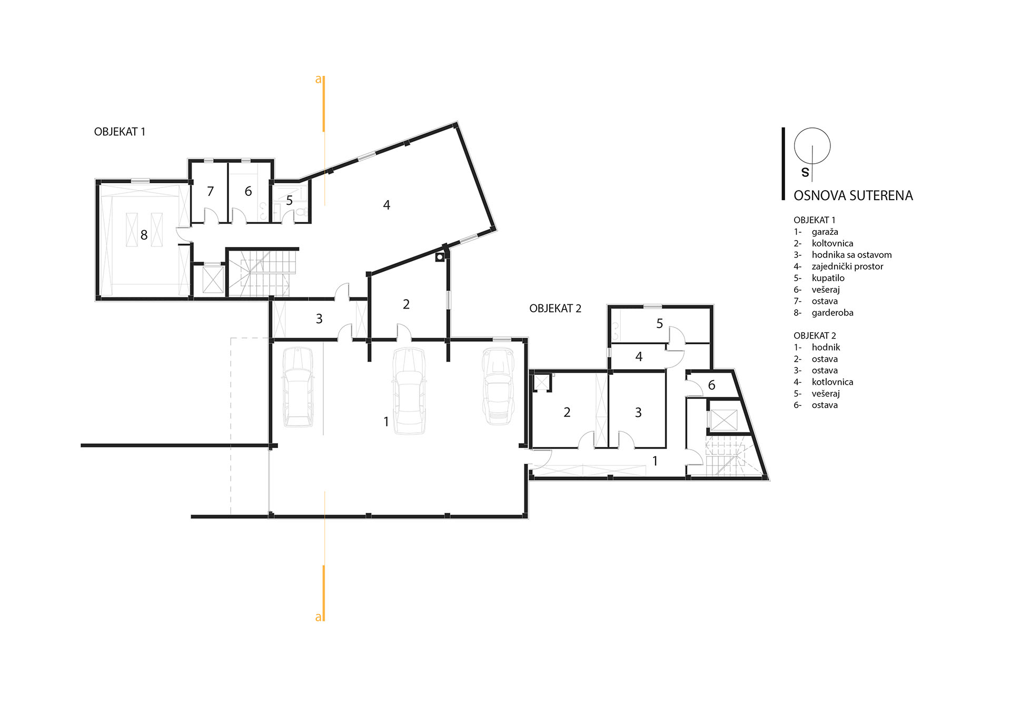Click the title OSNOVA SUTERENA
click(853, 196)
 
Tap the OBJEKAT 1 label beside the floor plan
click(120, 132)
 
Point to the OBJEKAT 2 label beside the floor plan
click(555, 309)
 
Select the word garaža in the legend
click(825, 232)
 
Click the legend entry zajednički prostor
click(847, 266)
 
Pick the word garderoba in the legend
click(832, 313)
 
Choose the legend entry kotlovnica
click(832, 382)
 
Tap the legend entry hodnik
click(826, 347)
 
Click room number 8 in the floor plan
click(144, 235)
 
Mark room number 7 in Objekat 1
click(210, 191)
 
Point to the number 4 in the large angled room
click(386, 205)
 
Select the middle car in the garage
click(409, 390)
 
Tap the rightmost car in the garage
click(498, 386)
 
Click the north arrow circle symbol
click(812, 145)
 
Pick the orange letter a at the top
click(318, 80)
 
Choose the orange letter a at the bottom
click(318, 617)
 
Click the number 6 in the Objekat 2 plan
click(711, 385)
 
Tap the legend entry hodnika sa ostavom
click(851, 255)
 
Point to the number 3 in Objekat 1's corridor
click(319, 319)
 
